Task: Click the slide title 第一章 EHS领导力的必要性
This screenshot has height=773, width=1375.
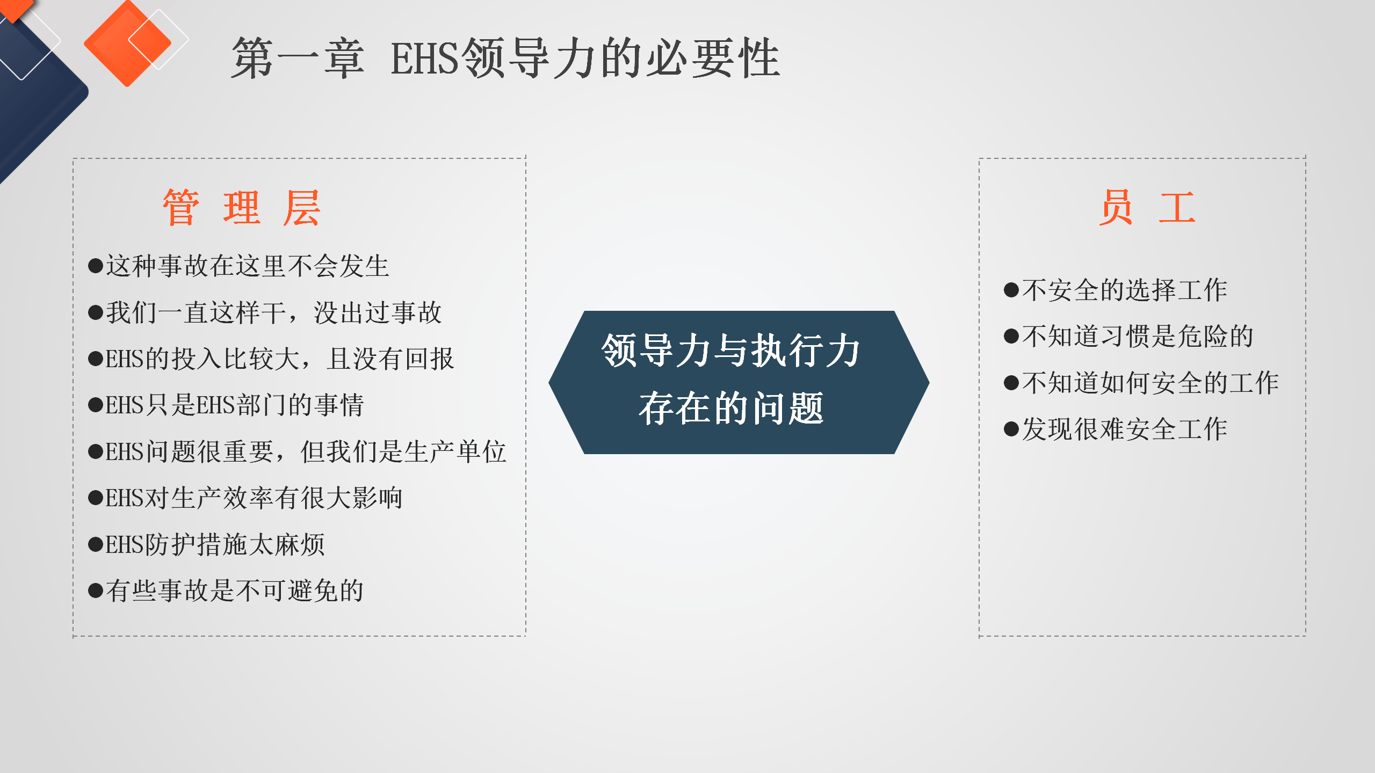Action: pos(505,58)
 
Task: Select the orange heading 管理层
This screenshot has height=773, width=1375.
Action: pos(242,208)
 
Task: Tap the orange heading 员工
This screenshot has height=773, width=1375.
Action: pos(1147,208)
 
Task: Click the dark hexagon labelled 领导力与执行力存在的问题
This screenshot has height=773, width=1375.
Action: pos(739,382)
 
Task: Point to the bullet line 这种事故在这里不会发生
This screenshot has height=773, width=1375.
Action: pos(238,266)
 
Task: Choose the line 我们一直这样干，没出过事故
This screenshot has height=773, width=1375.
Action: pos(265,312)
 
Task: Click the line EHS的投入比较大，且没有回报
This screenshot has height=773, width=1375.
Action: pos(271,359)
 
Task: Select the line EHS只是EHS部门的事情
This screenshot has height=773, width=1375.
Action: pos(226,405)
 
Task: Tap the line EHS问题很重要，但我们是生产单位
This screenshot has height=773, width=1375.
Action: pos(297,451)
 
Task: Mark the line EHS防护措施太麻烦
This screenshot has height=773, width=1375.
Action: pos(206,544)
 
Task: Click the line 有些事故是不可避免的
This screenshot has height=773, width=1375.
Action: pos(226,591)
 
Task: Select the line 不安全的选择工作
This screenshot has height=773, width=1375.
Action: pos(1116,290)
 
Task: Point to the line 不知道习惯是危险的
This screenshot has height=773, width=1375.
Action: pos(1128,337)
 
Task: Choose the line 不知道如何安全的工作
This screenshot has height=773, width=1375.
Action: pos(1141,383)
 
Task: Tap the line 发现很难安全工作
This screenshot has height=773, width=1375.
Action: pos(1116,429)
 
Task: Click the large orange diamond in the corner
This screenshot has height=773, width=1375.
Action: pos(127,43)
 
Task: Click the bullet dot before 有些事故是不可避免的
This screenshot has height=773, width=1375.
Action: pos(96,591)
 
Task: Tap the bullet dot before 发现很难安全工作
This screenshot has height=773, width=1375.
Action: pos(1011,429)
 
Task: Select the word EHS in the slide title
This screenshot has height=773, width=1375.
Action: pos(425,58)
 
